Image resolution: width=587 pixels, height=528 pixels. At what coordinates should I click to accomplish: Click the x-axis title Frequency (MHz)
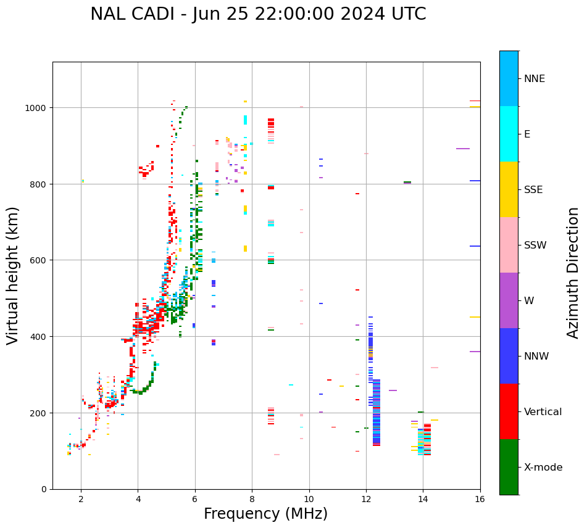[x=265, y=514]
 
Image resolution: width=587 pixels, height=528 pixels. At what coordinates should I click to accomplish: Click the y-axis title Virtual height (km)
[x=13, y=275]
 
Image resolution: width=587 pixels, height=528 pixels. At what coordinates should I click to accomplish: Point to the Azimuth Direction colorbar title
[x=573, y=272]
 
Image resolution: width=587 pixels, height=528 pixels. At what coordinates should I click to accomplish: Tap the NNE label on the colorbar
[x=535, y=78]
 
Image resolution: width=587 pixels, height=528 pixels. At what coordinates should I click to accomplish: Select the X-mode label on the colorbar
[x=543, y=468]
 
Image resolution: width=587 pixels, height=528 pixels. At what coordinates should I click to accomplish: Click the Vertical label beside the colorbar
[x=543, y=411]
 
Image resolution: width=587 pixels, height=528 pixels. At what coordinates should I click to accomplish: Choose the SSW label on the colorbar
[x=535, y=245]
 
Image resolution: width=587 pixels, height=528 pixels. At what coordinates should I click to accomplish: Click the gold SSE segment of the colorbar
[x=509, y=189]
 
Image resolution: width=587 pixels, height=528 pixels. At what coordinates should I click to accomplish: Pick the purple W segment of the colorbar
[x=509, y=300]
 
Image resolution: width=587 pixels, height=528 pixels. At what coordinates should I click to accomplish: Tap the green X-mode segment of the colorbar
[x=509, y=467]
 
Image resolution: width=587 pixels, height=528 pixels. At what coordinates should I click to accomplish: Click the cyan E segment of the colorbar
[x=509, y=134]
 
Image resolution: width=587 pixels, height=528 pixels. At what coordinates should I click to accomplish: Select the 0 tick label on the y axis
[x=44, y=489]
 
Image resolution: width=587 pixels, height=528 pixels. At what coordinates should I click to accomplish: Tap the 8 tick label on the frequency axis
[x=252, y=499]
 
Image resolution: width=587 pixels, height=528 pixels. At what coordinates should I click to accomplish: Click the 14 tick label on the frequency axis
[x=423, y=499]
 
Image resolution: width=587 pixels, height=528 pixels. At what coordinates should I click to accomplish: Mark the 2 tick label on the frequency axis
[x=81, y=499]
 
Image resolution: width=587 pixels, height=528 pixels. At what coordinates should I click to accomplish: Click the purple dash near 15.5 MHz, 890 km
[x=463, y=149]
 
